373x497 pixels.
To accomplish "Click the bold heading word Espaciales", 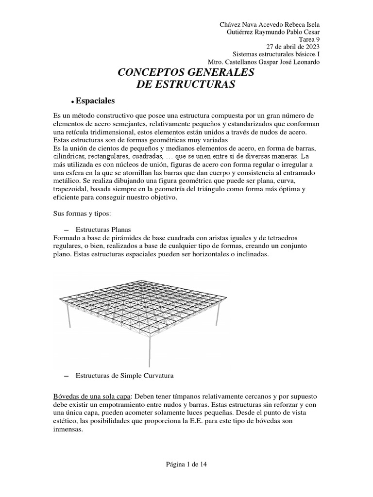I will click(x=95, y=101).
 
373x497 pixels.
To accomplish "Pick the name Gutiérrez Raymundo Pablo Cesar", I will click(x=274, y=32).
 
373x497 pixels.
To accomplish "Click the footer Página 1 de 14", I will click(x=186, y=464).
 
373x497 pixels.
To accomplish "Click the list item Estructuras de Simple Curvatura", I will click(x=124, y=375).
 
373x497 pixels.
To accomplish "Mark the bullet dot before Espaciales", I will click(x=72, y=102).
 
